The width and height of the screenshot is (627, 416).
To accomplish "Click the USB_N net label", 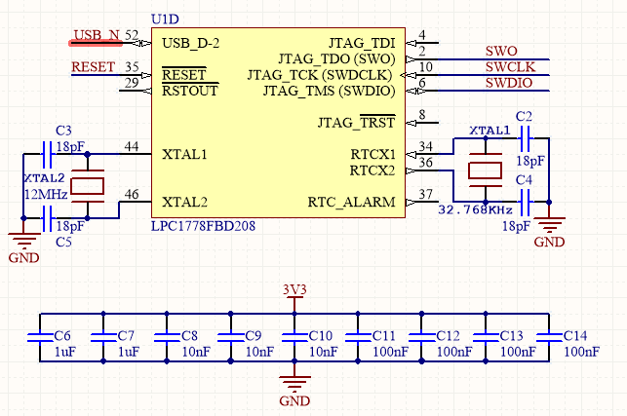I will (97, 36).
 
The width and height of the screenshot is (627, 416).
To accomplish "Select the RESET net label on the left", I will (95, 67).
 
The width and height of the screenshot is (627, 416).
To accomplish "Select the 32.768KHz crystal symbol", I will (484, 170).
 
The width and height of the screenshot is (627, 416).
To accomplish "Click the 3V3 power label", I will (294, 289).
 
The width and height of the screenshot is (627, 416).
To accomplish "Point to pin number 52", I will (132, 35).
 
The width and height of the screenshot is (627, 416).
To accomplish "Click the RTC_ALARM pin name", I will (352, 203).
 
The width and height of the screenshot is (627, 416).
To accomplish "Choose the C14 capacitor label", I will (576, 334).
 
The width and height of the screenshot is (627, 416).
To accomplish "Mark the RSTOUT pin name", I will (189, 91).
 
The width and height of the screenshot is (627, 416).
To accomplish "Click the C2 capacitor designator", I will (524, 117).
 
